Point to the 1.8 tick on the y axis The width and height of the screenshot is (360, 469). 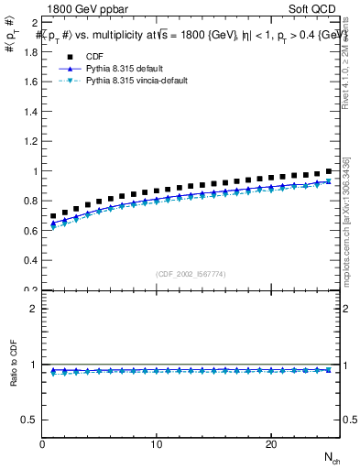coord(31,51)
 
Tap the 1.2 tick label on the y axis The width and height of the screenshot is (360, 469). coord(31,141)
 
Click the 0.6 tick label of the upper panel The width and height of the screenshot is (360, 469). coord(31,231)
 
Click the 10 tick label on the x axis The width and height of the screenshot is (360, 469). coord(157,444)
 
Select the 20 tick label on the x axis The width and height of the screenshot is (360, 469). coord(270,444)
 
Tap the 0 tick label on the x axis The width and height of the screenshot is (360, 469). coord(43,444)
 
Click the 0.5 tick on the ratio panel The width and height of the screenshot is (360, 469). coord(31,420)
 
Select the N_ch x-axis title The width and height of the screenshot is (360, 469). coord(331,457)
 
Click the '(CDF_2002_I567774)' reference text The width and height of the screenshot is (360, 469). coord(191,274)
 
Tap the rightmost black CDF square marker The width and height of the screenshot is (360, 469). coord(329,171)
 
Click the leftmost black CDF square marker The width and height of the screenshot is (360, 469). coord(54,216)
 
